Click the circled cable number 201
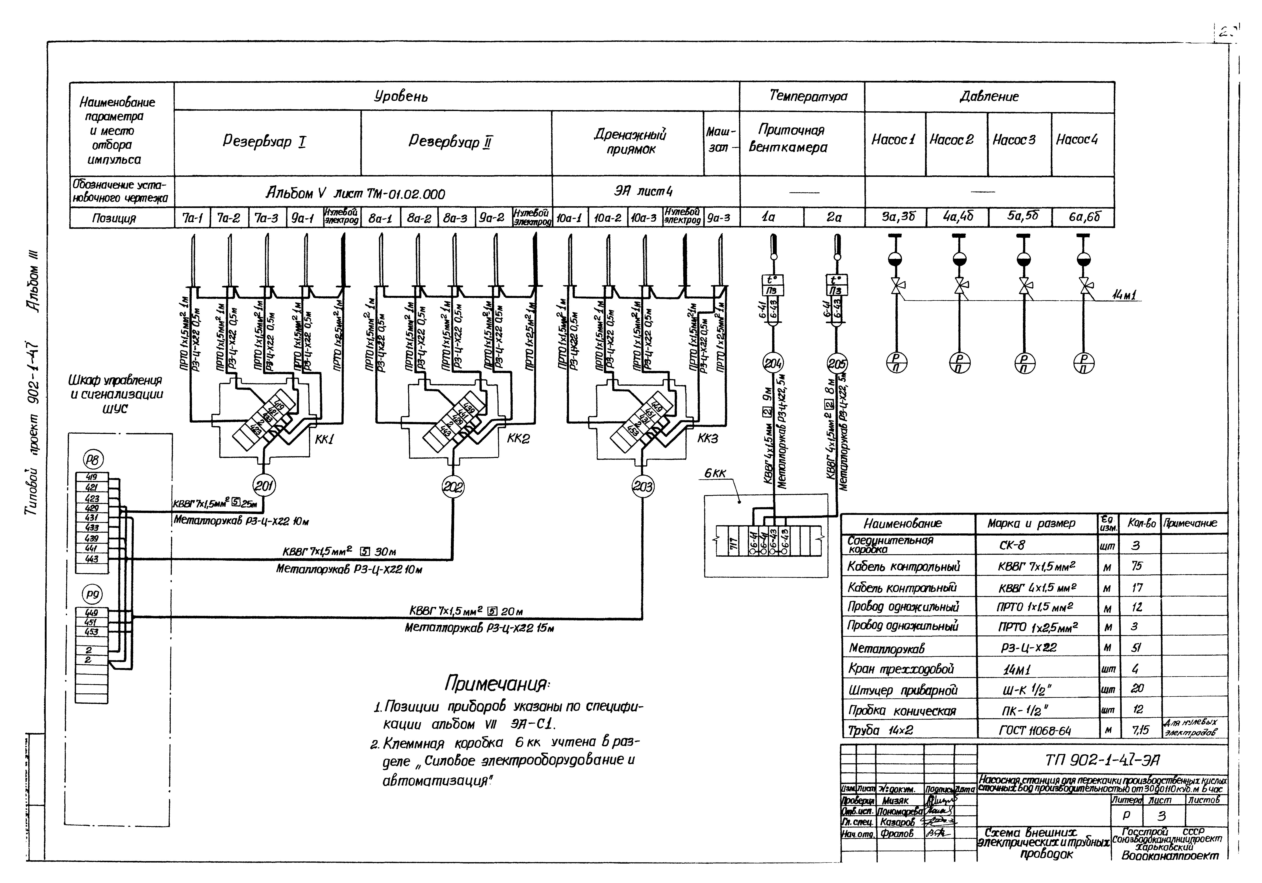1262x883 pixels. click(x=264, y=486)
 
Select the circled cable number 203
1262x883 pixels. click(x=643, y=486)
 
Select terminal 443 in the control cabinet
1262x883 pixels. click(x=92, y=559)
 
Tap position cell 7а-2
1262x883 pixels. click(x=229, y=218)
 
